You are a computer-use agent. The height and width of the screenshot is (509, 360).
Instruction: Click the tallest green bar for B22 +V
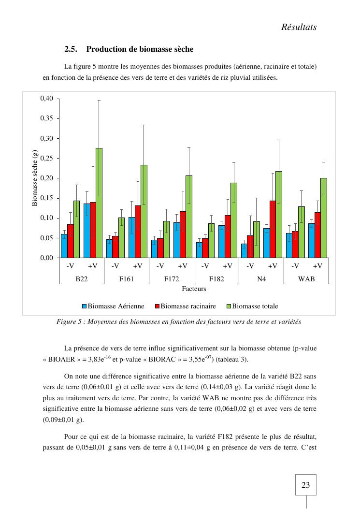pos(99,203)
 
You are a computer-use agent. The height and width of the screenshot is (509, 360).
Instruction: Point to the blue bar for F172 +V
pos(176,240)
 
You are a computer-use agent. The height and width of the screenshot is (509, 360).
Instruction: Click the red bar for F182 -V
pos(205,248)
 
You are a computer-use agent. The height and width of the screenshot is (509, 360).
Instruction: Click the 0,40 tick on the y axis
pos(46,99)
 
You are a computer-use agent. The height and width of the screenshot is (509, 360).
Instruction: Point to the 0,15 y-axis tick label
pos(46,198)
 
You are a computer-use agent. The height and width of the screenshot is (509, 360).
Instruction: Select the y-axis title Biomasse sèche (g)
pos(35,178)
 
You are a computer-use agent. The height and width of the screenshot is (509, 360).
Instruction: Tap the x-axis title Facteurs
pos(194,289)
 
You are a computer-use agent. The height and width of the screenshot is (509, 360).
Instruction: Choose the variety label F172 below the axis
pos(171,279)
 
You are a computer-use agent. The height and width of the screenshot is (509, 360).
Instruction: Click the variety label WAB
pos(306,279)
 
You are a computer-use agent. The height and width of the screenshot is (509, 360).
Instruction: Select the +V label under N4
pos(273,266)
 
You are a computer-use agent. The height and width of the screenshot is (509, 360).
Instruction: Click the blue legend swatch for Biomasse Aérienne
pos(84,306)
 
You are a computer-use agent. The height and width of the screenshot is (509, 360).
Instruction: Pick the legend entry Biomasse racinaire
pos(188,306)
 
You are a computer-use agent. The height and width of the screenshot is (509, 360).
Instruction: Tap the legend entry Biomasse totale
pos(255,306)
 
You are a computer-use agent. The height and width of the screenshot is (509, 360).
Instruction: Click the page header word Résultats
pos(299,27)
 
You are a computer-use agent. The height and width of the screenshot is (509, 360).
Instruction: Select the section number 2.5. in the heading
pos(71,49)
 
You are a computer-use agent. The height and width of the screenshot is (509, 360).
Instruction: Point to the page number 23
pos(305,485)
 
